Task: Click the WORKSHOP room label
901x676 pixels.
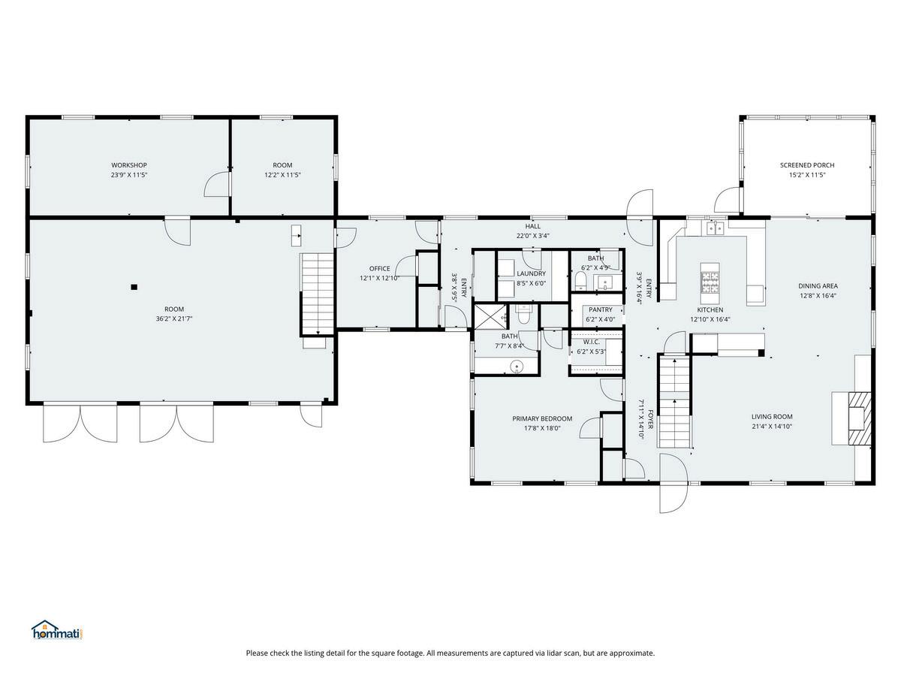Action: (129, 165)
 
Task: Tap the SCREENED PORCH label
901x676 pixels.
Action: (807, 165)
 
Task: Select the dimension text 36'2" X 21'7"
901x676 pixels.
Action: (174, 318)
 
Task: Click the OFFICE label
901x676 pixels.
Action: (380, 268)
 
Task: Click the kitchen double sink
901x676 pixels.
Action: (715, 228)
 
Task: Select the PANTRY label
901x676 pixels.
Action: (601, 309)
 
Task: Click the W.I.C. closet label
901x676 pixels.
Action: (592, 342)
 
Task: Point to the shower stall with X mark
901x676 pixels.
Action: (490, 316)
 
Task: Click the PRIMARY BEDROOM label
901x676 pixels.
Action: (542, 418)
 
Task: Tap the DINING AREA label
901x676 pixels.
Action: (818, 285)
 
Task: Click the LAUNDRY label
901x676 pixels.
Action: (531, 273)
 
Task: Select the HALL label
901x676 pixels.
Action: (533, 226)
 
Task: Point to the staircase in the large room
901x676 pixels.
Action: (318, 294)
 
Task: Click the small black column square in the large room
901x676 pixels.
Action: (134, 288)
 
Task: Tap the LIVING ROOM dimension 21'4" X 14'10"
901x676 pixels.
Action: (772, 427)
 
